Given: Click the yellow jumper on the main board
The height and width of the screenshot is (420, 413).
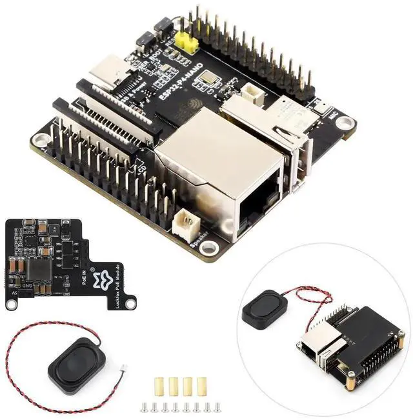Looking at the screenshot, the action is click(x=188, y=43).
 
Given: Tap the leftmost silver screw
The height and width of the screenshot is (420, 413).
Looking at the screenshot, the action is click(x=143, y=406).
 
